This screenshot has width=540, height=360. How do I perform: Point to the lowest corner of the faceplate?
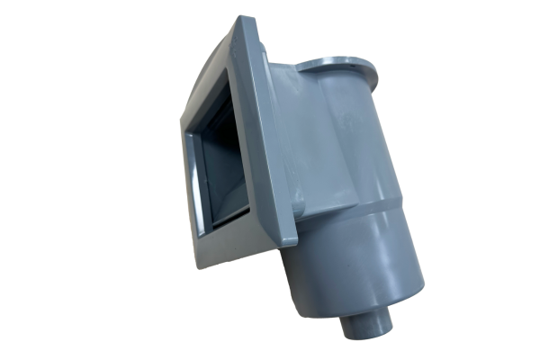click(200, 267)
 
